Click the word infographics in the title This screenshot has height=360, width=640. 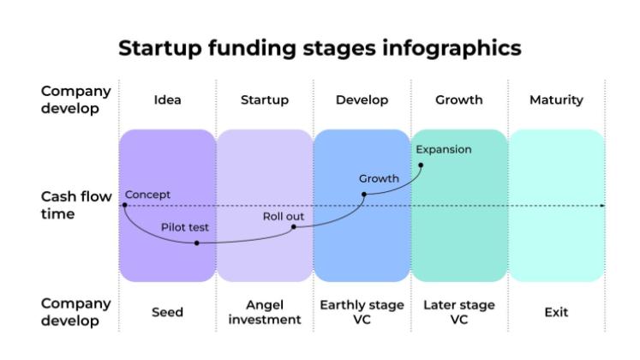point(452,49)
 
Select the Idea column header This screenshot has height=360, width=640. point(167,99)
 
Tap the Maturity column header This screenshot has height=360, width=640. point(556,100)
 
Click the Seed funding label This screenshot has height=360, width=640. point(167,312)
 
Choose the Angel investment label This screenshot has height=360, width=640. point(265,312)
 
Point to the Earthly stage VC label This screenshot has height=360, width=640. point(362,312)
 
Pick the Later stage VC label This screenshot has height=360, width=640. point(459,312)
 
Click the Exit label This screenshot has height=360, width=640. point(556,312)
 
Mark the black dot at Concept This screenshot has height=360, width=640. point(125,206)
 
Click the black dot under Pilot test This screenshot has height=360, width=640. point(197,243)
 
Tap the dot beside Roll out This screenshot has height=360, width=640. point(294,227)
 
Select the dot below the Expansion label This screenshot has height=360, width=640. point(421,165)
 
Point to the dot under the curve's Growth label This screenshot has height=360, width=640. point(364,195)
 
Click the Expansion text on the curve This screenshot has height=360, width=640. point(444,150)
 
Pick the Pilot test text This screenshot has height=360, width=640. point(185,227)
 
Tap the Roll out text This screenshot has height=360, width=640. point(284,216)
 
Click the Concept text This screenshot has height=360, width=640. point(147,195)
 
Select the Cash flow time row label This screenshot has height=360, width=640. point(76,206)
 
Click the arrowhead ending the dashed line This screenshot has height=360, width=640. point(602,206)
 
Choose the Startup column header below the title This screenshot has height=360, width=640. point(265,100)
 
